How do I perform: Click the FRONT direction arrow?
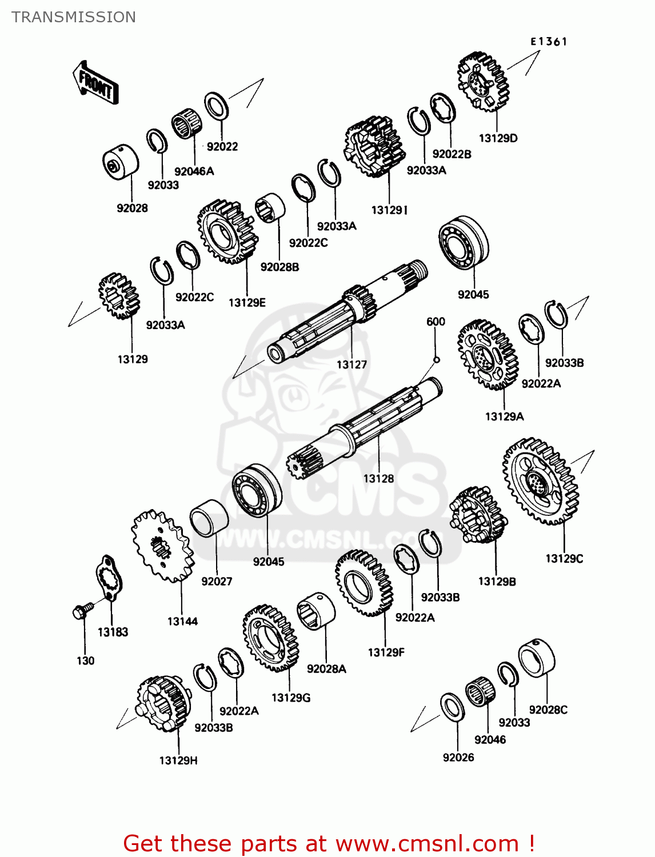(x=95, y=83)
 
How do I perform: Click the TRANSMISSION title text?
(x=74, y=17)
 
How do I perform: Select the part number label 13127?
(x=352, y=365)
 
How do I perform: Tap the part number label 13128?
(x=378, y=479)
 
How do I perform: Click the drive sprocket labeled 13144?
(x=162, y=546)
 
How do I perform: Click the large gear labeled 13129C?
(x=540, y=481)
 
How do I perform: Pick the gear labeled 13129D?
(x=482, y=81)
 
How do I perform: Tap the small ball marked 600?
(x=436, y=359)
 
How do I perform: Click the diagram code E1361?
(x=548, y=41)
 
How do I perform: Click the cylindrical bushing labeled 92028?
(x=120, y=162)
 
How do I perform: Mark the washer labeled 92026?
(x=453, y=707)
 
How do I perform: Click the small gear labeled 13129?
(x=119, y=295)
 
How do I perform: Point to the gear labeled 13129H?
(x=163, y=703)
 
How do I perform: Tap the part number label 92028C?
(x=548, y=710)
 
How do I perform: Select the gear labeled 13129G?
(x=270, y=638)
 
